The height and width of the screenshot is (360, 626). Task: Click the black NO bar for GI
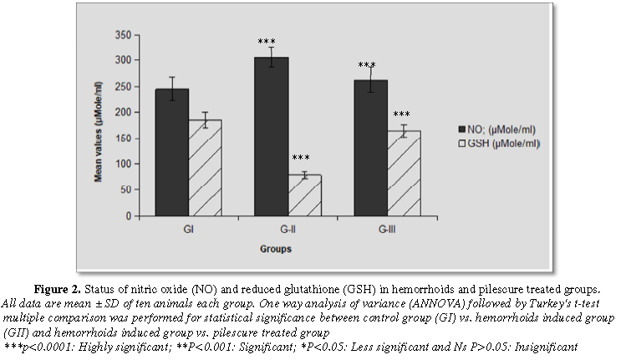[x=170, y=152]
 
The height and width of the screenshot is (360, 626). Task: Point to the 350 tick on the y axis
[x=123, y=35]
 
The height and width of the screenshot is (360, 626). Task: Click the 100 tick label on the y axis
[x=123, y=165]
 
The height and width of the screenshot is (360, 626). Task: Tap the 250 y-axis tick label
[x=123, y=87]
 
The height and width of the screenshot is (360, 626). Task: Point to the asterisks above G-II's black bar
[x=267, y=42]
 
